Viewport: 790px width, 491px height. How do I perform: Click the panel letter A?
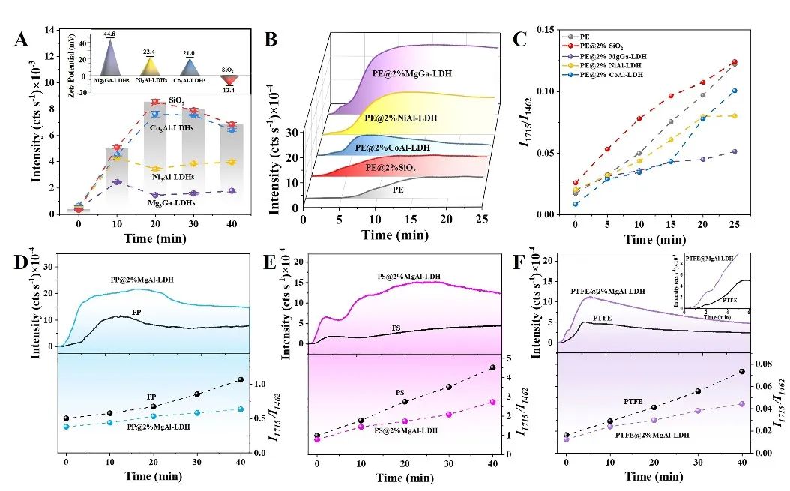pos(22,40)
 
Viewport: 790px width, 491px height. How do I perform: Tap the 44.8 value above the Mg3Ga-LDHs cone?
pos(111,34)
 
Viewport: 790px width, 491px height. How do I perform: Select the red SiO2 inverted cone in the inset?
pos(227,80)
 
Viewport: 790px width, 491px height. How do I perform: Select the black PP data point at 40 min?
pos(241,380)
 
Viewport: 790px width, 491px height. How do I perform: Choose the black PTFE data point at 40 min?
pos(741,372)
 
